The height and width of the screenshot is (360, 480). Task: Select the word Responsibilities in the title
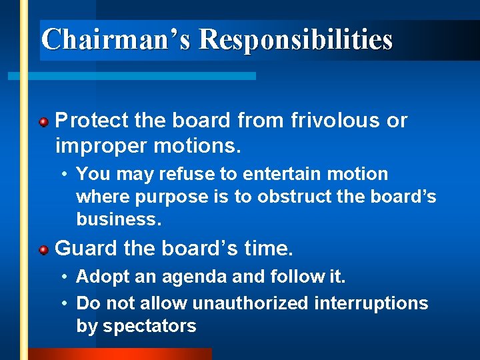pyautogui.click(x=295, y=39)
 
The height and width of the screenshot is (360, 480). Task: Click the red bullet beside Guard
pyautogui.click(x=43, y=250)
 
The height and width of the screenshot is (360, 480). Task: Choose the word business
pyautogui.click(x=117, y=219)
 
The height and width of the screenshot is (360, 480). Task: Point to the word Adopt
pyautogui.click(x=99, y=276)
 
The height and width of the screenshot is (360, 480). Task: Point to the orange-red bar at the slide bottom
pyautogui.click(x=120, y=354)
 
